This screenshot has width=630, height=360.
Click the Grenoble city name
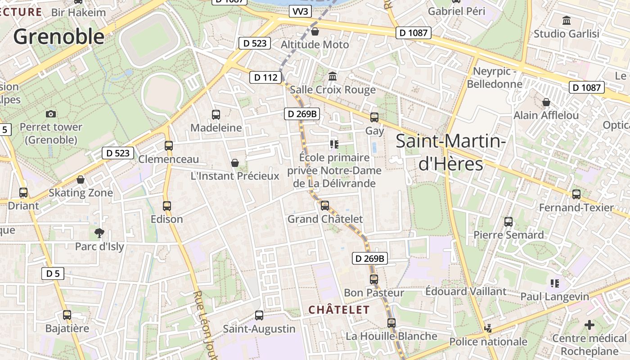(58, 36)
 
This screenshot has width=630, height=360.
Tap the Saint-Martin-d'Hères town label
(451, 153)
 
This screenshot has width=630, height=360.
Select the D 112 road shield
(266, 77)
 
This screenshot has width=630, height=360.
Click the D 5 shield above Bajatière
(53, 273)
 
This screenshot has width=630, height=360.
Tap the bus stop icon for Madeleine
(216, 115)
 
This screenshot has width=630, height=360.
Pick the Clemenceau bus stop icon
(169, 146)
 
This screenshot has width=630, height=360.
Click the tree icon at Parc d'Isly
(99, 233)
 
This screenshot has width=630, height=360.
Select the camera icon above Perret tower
(51, 114)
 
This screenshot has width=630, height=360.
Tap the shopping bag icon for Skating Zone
(81, 180)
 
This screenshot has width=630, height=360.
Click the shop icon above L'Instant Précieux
(234, 162)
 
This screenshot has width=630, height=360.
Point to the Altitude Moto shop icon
(315, 31)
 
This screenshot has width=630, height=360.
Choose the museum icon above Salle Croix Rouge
(333, 76)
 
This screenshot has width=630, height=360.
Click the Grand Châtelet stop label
(325, 219)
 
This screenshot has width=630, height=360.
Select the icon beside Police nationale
(488, 328)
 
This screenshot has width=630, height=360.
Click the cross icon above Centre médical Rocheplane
(589, 325)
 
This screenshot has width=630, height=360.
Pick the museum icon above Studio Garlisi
(567, 20)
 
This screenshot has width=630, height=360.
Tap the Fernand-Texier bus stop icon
(576, 194)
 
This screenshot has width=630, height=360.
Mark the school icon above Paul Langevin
(554, 283)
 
